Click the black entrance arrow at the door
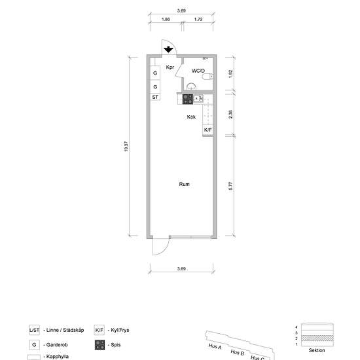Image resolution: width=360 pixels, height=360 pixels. (168, 49)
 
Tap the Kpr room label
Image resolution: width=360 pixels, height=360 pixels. (170, 67)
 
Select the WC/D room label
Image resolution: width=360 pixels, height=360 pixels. (198, 71)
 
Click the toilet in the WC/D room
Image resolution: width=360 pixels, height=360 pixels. (207, 76)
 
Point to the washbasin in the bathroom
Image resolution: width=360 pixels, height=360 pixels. (191, 86)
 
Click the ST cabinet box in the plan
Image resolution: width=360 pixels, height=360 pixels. (155, 97)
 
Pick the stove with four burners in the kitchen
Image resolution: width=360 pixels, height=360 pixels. (188, 99)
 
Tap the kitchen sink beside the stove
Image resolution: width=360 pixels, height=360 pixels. (198, 99)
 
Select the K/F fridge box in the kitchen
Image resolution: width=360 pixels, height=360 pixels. (207, 130)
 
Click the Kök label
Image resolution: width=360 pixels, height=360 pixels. (191, 117)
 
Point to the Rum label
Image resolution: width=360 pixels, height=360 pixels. (184, 184)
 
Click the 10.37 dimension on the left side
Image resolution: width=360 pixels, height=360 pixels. (126, 147)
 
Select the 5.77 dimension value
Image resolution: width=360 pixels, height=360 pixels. (230, 186)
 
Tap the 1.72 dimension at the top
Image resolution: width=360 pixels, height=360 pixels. (198, 19)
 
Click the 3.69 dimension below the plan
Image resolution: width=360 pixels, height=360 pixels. (181, 268)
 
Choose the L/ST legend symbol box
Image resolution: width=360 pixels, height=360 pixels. (34, 330)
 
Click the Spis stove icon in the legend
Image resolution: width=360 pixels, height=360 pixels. (99, 345)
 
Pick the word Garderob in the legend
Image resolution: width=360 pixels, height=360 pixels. (57, 345)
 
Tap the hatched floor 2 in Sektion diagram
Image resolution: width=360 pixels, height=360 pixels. (317, 338)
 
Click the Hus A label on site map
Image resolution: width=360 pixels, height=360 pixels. (215, 346)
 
